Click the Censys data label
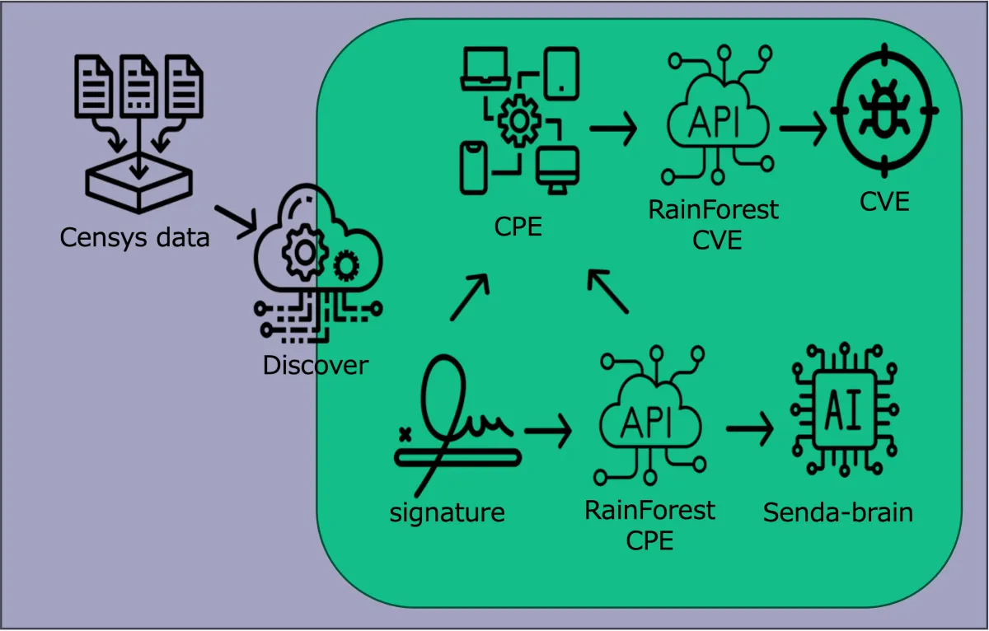(134, 237)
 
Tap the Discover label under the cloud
(315, 365)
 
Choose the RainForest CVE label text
(713, 224)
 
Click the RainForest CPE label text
(649, 525)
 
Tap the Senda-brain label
(837, 512)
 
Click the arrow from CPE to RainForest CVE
(613, 129)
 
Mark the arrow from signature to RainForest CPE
(548, 432)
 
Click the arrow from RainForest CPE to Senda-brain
(749, 428)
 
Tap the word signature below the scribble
(447, 512)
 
